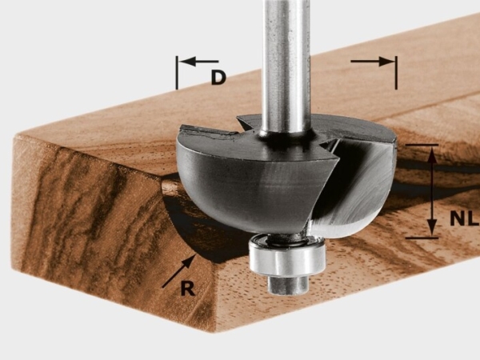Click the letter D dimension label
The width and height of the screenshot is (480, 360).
pyautogui.click(x=218, y=78)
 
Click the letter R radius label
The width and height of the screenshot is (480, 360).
pyautogui.click(x=188, y=288)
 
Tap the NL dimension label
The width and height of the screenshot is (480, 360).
pyautogui.click(x=464, y=218)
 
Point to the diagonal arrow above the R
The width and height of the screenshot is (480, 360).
pyautogui.click(x=178, y=271)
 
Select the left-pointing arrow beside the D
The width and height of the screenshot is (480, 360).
pyautogui.click(x=198, y=62)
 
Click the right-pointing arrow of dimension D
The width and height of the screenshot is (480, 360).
pyautogui.click(x=372, y=62)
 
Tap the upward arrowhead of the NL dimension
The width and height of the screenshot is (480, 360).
pyautogui.click(x=432, y=154)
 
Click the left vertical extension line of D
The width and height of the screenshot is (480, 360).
pyautogui.click(x=177, y=73)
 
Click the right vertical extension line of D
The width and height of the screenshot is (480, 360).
pyautogui.click(x=396, y=73)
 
